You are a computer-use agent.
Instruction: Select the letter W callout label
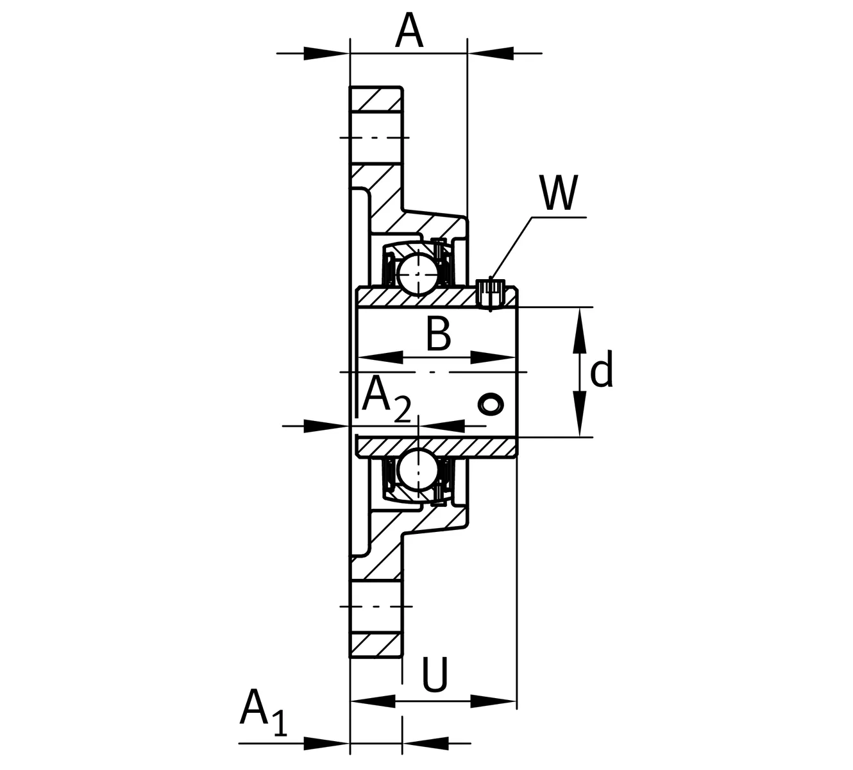tap(559, 193)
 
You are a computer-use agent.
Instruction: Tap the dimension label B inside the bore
tap(439, 334)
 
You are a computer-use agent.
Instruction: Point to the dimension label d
tap(601, 371)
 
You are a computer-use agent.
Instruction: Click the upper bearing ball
tap(417, 273)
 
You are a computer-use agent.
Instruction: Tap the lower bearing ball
tap(417, 470)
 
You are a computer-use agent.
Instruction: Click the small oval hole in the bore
tap(491, 404)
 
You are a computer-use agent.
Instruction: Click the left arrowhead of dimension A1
tap(326, 744)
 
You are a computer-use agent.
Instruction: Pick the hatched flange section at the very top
tap(376, 100)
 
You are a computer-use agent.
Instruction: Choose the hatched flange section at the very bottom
tap(376, 644)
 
